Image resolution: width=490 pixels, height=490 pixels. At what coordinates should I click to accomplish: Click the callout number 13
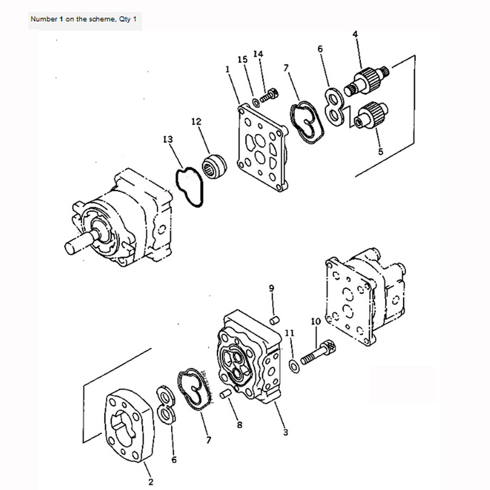168,139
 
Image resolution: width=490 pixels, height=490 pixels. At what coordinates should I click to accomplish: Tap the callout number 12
196,121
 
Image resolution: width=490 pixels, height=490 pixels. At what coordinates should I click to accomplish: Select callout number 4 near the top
355,34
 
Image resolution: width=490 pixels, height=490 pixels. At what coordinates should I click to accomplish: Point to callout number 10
316,321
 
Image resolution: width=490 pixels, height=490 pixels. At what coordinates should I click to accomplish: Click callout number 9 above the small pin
272,288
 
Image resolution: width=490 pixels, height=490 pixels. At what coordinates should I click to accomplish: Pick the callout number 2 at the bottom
151,482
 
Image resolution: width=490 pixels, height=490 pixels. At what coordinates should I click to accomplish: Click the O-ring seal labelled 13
189,187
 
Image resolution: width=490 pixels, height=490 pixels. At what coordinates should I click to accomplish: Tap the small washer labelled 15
256,102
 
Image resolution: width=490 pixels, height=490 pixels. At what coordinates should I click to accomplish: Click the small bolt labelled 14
269,95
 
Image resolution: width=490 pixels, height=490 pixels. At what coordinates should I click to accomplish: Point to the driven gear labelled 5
371,115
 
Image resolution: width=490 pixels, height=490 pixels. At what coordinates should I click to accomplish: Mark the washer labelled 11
294,366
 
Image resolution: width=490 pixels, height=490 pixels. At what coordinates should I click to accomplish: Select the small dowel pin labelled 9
274,320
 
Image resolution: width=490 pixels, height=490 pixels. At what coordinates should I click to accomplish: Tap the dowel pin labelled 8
225,394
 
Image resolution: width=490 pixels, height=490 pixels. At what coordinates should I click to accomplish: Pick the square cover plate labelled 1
262,147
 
